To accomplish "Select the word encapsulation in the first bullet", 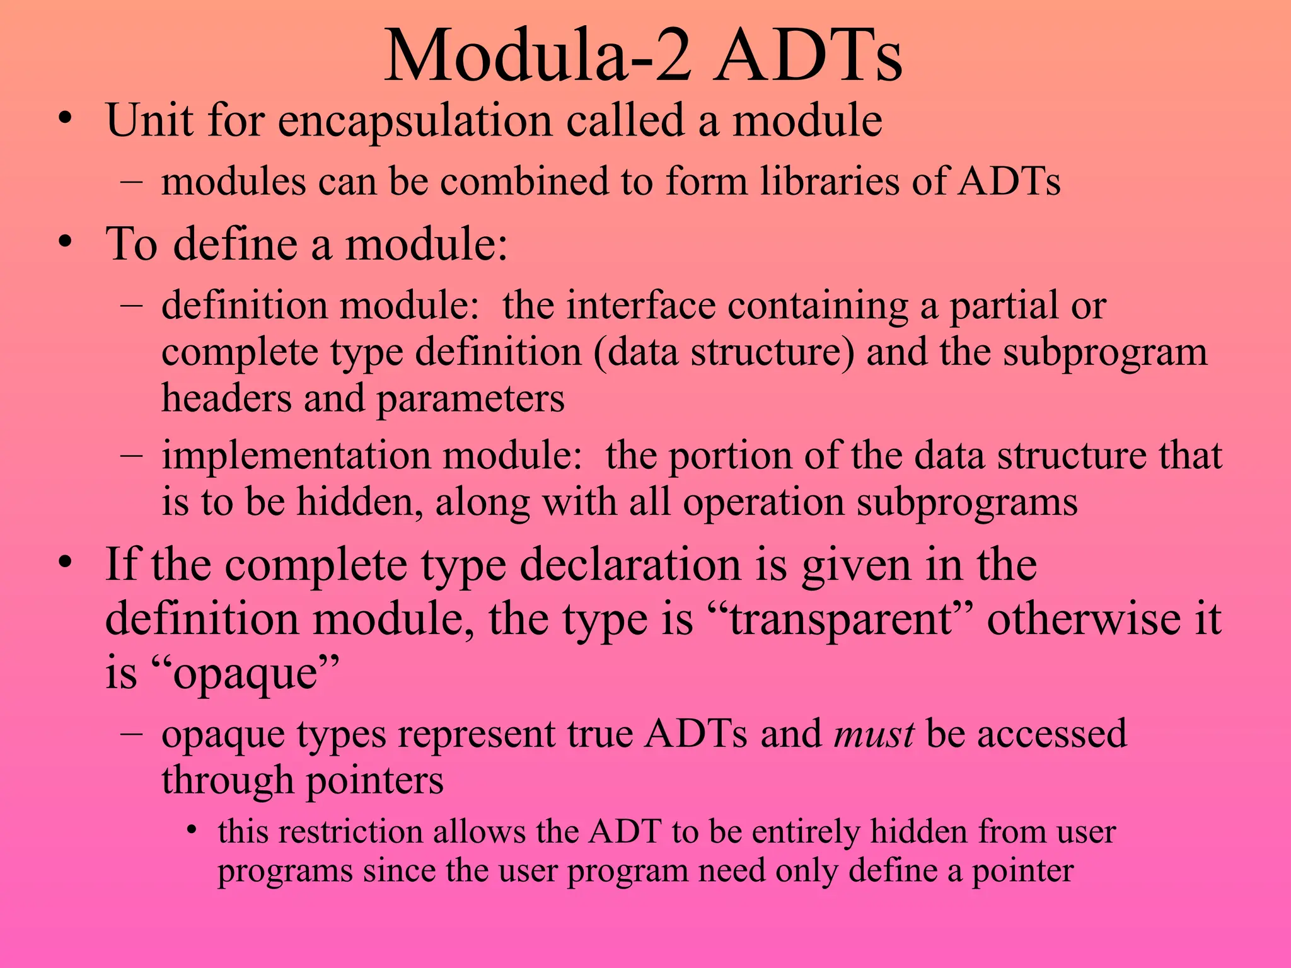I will click(415, 120).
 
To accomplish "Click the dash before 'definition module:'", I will click(130, 305).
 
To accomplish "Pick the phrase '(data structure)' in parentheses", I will click(724, 352).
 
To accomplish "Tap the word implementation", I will click(296, 456).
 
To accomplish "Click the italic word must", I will click(874, 734).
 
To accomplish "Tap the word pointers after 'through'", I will click(374, 781).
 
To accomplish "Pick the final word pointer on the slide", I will click(1022, 872).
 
